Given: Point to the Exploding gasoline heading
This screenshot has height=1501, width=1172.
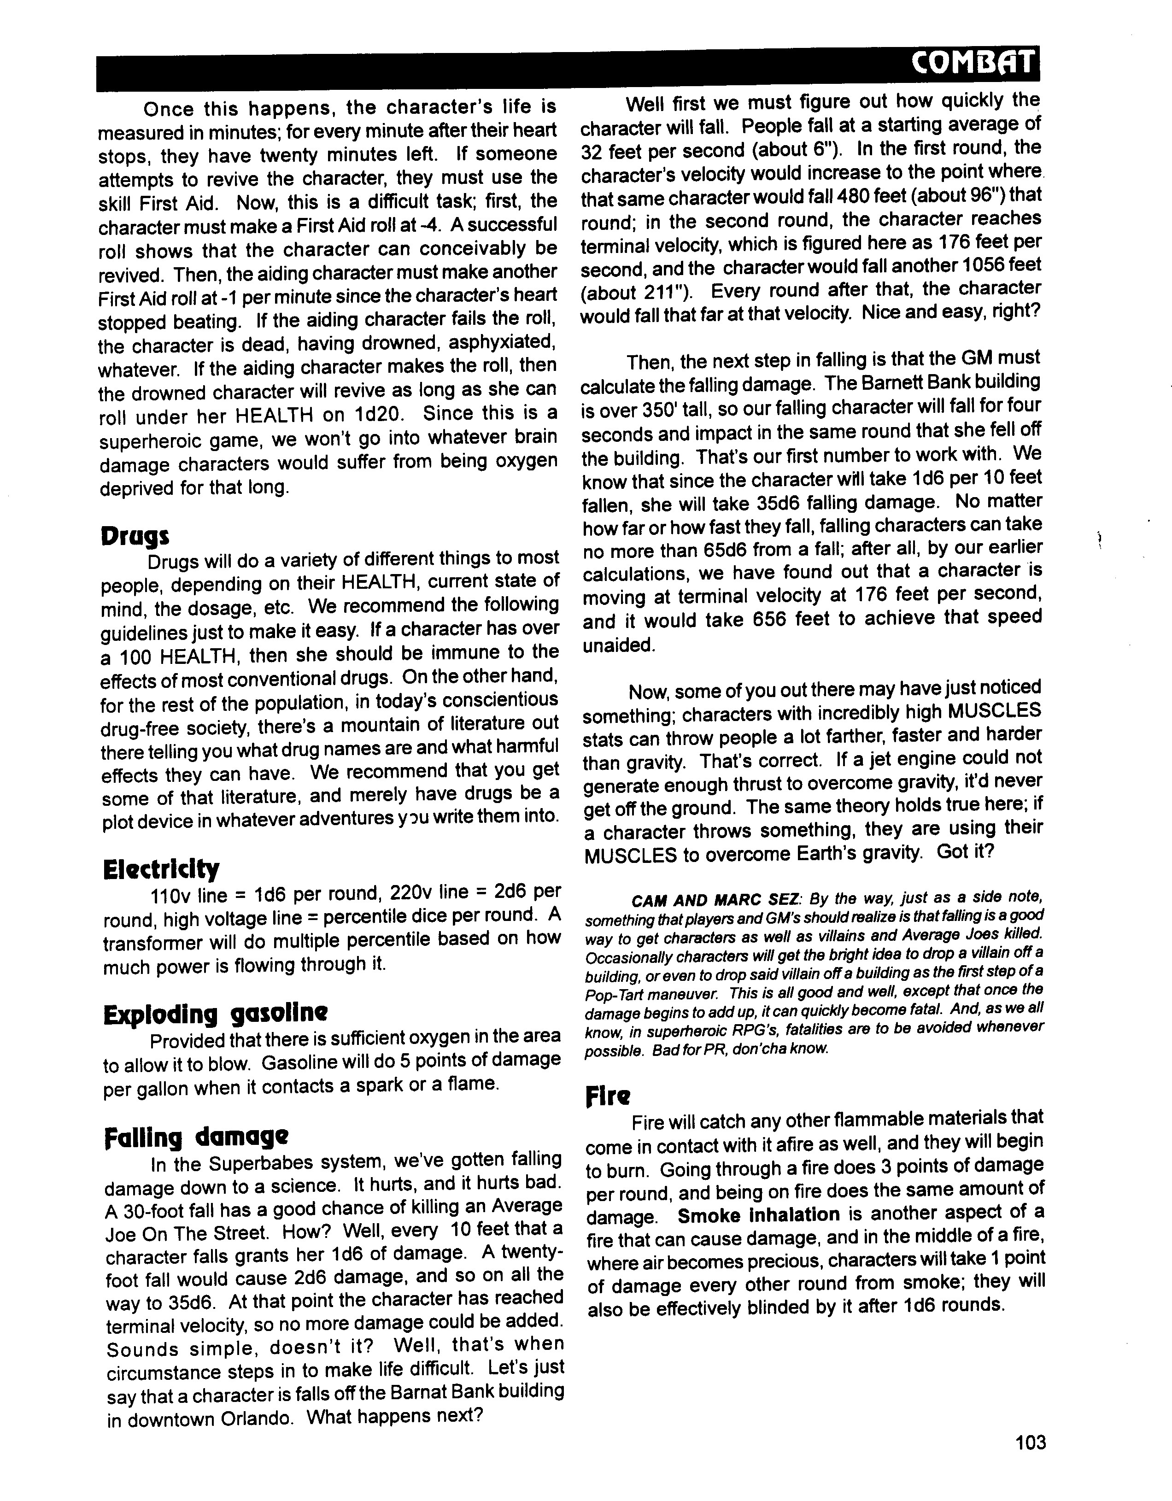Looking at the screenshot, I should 215,1014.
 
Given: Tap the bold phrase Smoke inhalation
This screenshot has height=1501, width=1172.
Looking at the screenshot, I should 758,1215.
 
